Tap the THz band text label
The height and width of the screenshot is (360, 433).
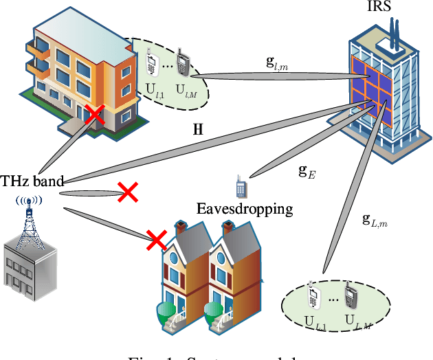[x=32, y=181]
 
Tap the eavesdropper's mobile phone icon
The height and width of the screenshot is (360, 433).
[x=241, y=186]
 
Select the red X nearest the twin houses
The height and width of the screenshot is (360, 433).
[x=157, y=240]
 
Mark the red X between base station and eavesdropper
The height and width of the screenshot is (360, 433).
[x=127, y=193]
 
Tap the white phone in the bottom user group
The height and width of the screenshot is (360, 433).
[x=313, y=296]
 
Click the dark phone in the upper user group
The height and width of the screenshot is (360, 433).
[x=183, y=62]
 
